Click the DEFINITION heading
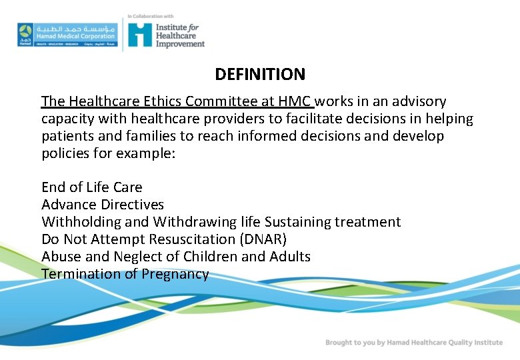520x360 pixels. click(260, 75)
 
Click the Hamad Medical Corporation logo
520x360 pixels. click(67, 34)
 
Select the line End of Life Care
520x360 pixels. click(92, 187)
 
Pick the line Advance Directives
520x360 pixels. click(103, 205)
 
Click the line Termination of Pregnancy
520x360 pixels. click(125, 274)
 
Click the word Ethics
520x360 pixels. click(162, 101)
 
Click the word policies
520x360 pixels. click(65, 153)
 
